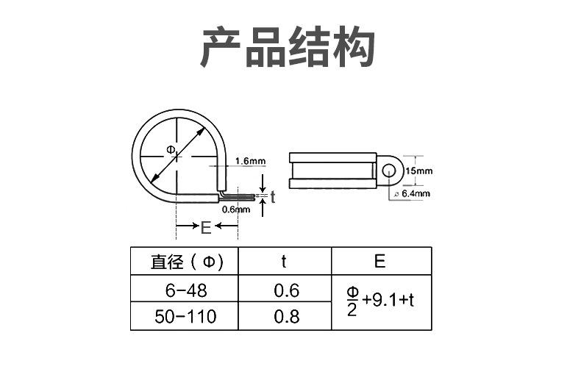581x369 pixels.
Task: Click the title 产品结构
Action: [x=288, y=48]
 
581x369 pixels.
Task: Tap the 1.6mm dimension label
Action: [x=251, y=161]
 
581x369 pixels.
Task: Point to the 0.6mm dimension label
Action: [x=236, y=209]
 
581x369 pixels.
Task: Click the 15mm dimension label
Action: [x=419, y=171]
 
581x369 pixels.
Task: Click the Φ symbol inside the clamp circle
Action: [x=171, y=150]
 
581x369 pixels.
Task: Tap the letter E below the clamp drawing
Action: [x=206, y=227]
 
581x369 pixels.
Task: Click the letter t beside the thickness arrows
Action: [x=273, y=197]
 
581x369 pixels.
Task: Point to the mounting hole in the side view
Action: [x=389, y=171]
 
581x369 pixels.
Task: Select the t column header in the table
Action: [x=284, y=262]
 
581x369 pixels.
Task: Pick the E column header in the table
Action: [x=381, y=262]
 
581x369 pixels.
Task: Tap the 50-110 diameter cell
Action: [x=185, y=317]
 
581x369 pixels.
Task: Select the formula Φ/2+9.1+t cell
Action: [x=381, y=301]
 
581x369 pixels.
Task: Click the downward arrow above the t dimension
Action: [x=263, y=183]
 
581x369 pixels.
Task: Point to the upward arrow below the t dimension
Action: [x=263, y=207]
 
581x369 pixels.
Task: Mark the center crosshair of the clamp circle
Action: [x=177, y=157]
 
